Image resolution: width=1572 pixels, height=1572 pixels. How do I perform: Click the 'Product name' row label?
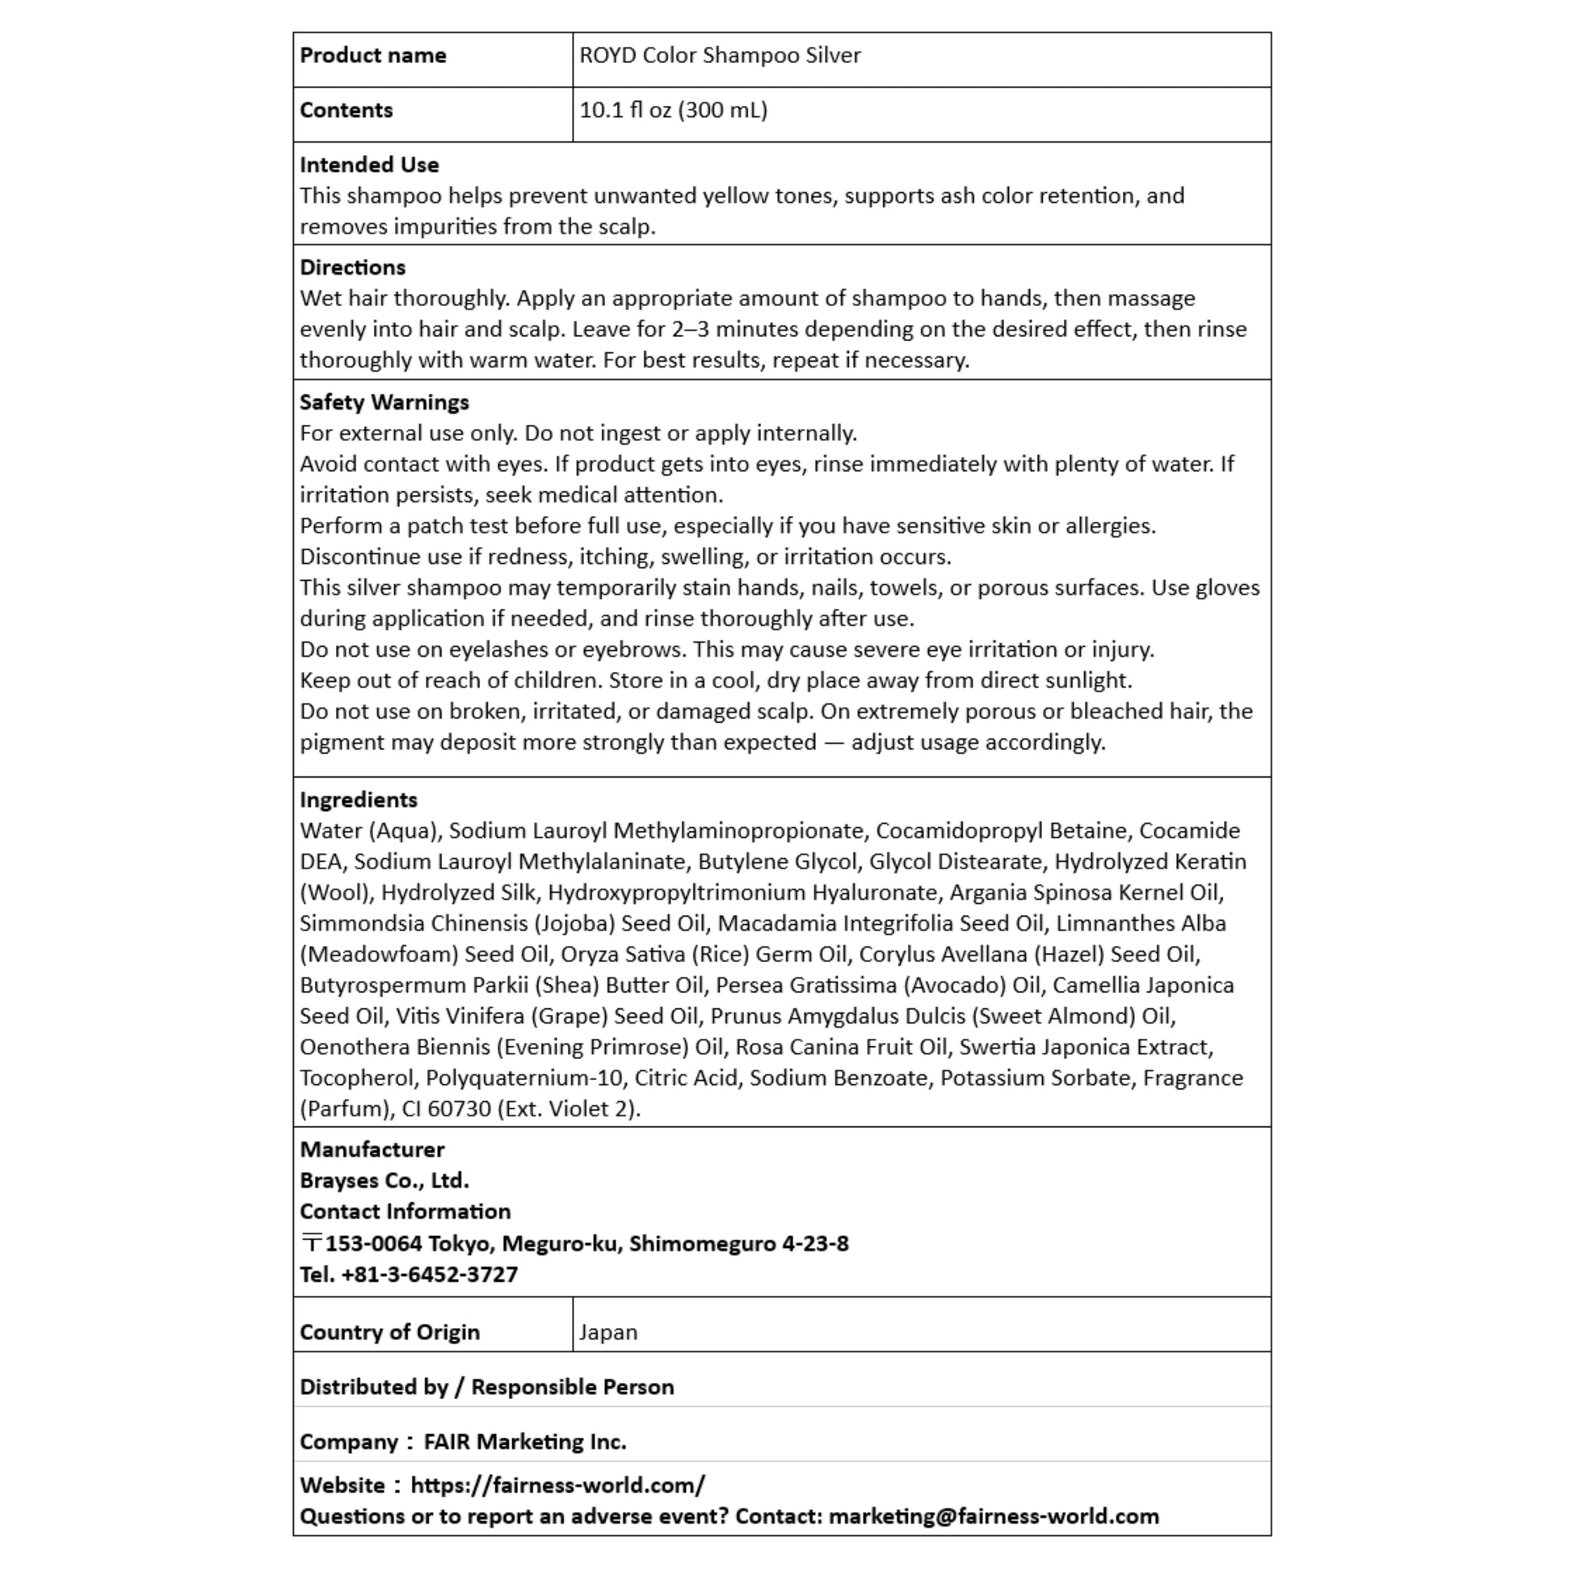pos(372,55)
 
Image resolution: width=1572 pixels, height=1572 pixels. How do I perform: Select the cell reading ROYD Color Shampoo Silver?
pos(719,55)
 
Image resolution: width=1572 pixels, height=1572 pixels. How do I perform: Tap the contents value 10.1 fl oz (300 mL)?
pos(673,110)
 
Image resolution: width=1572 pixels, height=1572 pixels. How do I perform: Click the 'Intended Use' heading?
pos(368,164)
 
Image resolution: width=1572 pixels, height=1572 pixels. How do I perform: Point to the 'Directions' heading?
pos(352,267)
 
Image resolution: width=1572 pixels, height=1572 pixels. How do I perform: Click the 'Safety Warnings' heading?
pos(384,402)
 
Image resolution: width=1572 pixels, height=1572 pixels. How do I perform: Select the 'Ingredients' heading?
pos(358,799)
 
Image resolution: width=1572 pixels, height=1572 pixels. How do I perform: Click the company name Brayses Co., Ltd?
pos(384,1180)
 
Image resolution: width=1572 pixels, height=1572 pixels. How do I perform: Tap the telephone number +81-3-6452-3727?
pos(429,1274)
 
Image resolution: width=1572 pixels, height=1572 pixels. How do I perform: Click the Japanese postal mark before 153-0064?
pos(311,1243)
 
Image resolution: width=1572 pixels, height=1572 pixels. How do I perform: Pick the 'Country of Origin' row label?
pos(389,1332)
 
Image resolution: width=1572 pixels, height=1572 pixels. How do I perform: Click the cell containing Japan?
pos(607,1332)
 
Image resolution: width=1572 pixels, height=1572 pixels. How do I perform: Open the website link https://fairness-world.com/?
pos(557,1485)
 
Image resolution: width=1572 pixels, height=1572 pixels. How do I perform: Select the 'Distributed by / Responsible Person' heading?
pos(486,1386)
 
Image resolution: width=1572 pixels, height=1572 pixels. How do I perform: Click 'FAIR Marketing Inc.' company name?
pos(525,1441)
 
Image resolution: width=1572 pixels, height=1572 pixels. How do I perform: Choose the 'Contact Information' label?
pos(406,1211)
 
